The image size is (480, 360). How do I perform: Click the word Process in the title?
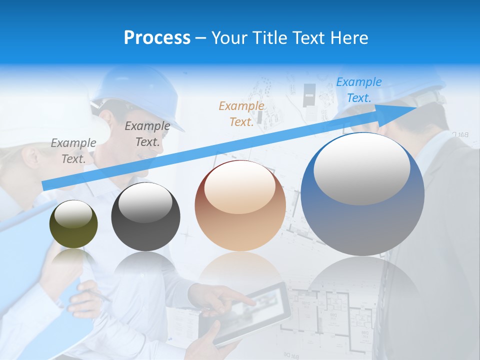157,38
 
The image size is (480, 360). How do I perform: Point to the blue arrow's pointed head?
415,109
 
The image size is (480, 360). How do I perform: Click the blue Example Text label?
358,90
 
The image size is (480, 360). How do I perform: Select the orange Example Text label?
241,114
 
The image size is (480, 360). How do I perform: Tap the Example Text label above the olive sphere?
73,151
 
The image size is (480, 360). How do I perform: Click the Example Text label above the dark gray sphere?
147,134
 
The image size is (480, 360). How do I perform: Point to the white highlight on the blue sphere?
362,169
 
